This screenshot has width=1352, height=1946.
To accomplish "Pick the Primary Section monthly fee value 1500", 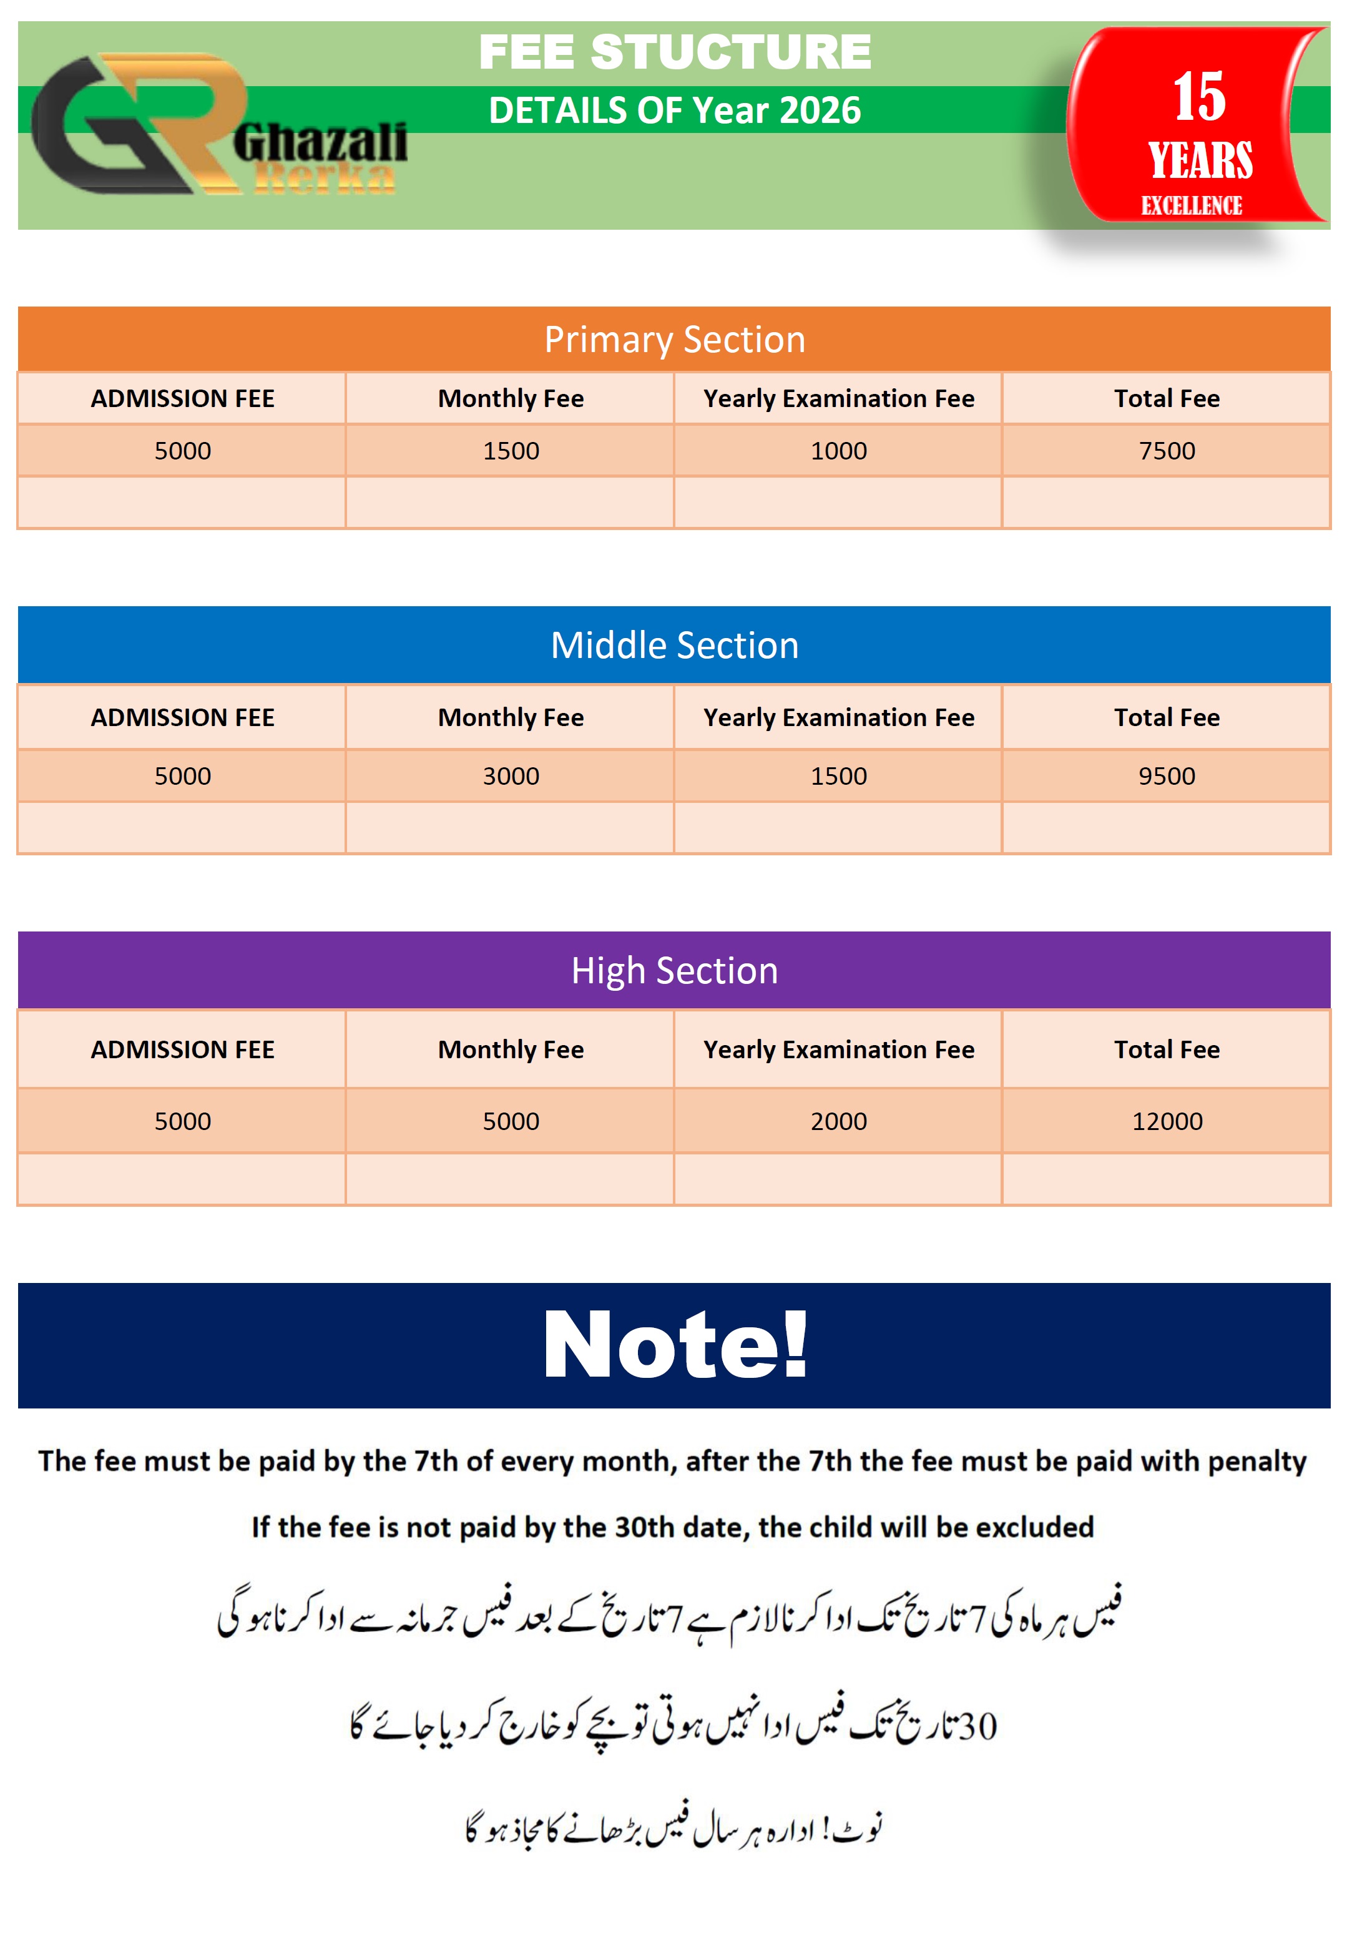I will tap(511, 451).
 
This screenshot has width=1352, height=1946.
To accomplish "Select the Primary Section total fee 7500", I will tap(1167, 451).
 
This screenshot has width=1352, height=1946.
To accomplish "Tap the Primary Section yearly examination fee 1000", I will tap(839, 451).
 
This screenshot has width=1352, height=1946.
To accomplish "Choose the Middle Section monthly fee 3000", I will tap(511, 776).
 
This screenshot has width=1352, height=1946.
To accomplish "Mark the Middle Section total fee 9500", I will tap(1167, 776).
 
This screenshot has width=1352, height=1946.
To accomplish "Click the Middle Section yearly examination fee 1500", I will tap(839, 776).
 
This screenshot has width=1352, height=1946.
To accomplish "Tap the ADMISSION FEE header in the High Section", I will tap(182, 1049).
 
